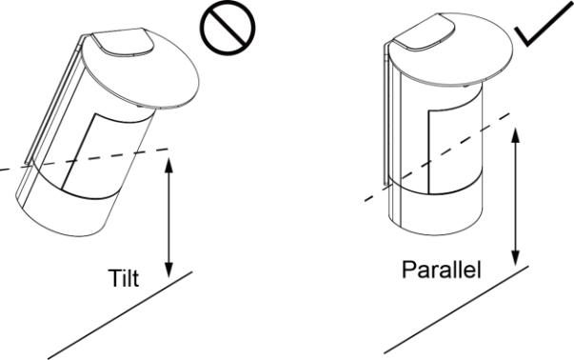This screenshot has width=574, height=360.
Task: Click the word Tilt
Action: [124, 278]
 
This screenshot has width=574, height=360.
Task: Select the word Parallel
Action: [441, 270]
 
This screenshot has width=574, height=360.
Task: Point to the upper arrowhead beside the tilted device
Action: [168, 166]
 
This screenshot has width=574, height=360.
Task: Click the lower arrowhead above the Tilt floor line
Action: [168, 270]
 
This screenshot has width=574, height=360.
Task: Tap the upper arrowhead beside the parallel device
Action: [515, 135]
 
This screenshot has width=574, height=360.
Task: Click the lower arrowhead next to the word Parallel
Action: [515, 258]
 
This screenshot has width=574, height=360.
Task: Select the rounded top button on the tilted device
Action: [123, 42]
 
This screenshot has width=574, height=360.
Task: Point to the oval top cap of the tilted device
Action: [141, 69]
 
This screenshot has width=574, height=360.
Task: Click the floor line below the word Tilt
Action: [120, 315]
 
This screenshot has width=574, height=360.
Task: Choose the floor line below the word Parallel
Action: [456, 310]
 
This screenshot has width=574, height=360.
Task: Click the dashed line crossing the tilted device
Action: [84, 159]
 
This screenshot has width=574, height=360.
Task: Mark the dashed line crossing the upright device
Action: [437, 157]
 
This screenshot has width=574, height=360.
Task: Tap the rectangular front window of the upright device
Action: [455, 150]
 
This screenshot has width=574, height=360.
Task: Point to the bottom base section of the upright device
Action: [436, 209]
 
